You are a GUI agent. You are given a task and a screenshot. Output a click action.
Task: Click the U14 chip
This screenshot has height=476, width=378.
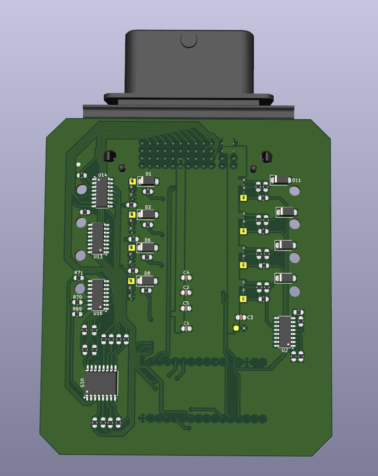click(x=102, y=192)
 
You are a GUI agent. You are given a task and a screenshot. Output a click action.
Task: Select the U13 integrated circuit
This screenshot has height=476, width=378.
click(x=98, y=238)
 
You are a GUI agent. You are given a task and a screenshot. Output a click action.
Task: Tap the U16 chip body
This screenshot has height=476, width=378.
click(x=98, y=295)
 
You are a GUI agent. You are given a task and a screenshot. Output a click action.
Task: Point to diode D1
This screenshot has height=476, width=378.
click(x=147, y=181)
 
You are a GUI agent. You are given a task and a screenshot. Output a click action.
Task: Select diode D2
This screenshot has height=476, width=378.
click(x=147, y=214)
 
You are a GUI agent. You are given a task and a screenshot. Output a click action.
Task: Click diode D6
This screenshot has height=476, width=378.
click(x=147, y=247)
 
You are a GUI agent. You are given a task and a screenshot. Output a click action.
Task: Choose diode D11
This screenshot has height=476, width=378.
click(x=280, y=179)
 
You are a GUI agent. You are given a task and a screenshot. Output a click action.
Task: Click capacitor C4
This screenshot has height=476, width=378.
click(x=186, y=278)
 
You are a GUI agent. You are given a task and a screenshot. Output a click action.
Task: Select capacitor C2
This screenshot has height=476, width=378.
click(x=186, y=292)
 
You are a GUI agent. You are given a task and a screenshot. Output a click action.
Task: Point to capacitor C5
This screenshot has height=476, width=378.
click(x=186, y=309)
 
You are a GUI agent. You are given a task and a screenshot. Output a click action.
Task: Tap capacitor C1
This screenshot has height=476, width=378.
click(x=186, y=328)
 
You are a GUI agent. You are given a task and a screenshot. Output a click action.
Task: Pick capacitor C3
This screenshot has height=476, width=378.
click(x=240, y=317)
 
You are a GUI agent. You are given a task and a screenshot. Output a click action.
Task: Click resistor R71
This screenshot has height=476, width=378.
click(x=78, y=278)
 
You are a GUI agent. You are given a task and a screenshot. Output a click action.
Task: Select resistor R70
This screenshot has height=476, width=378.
click(x=77, y=302)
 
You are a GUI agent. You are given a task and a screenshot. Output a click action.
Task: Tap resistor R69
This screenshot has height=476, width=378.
click(x=77, y=314)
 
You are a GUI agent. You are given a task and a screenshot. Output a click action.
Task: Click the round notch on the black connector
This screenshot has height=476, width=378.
click(x=188, y=39)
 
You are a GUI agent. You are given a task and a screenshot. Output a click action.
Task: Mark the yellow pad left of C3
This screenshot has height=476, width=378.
click(x=236, y=328)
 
